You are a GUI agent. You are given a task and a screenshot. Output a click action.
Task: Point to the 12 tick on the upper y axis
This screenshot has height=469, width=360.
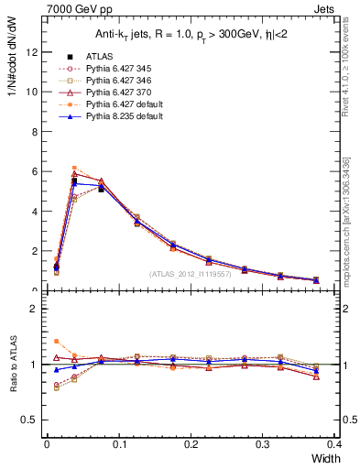[x=33, y=52]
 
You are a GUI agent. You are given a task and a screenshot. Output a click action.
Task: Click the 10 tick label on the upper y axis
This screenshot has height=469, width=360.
[x=33, y=92]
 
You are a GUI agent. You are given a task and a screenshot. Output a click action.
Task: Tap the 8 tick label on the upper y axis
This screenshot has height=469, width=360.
[x=36, y=131]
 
